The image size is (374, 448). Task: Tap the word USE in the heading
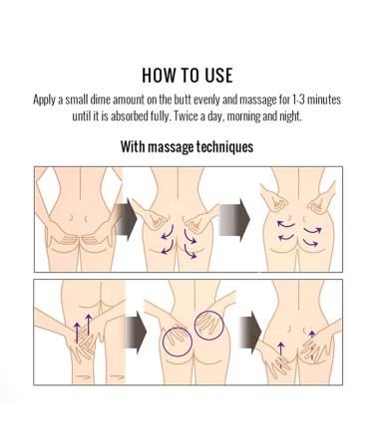click(216, 76)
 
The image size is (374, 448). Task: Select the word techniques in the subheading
click(219, 147)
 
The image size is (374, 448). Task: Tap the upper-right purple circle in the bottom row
click(211, 323)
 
